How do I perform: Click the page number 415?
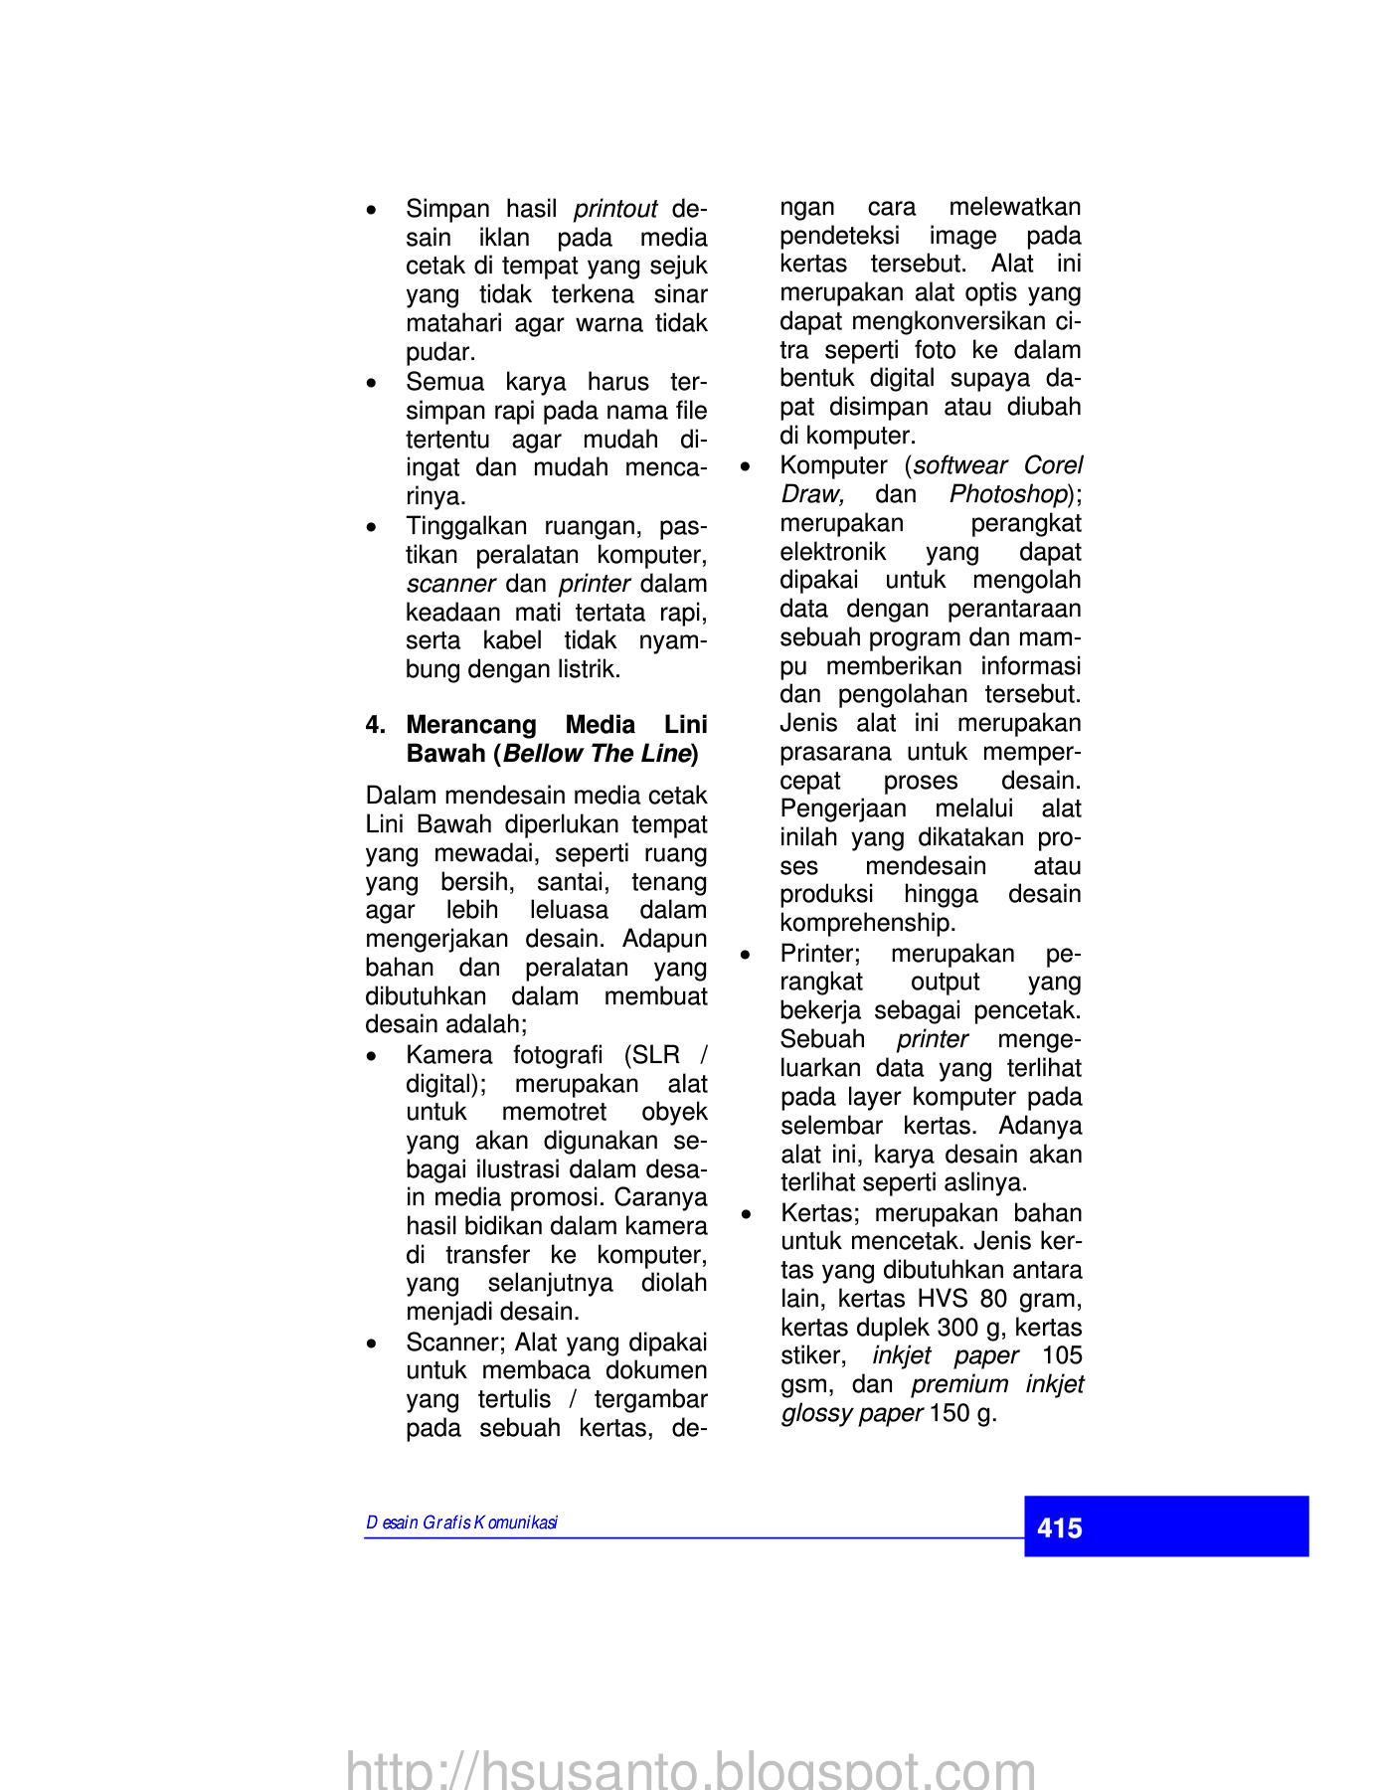tap(1059, 1527)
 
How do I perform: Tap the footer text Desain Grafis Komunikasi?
tap(461, 1522)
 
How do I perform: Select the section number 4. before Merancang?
tap(375, 725)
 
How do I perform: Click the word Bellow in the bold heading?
tap(543, 754)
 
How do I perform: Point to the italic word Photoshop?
tap(1007, 494)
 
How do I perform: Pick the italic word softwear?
tap(960, 465)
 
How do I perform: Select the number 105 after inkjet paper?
tap(1062, 1355)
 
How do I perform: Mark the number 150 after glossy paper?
tap(950, 1413)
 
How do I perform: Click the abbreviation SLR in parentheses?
tap(656, 1055)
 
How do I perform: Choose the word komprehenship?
tap(867, 923)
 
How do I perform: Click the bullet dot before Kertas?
tap(746, 1214)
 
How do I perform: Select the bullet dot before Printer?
tap(746, 955)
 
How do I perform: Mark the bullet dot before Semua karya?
tap(371, 383)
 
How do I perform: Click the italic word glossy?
tap(815, 1413)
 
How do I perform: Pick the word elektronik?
tap(832, 552)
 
